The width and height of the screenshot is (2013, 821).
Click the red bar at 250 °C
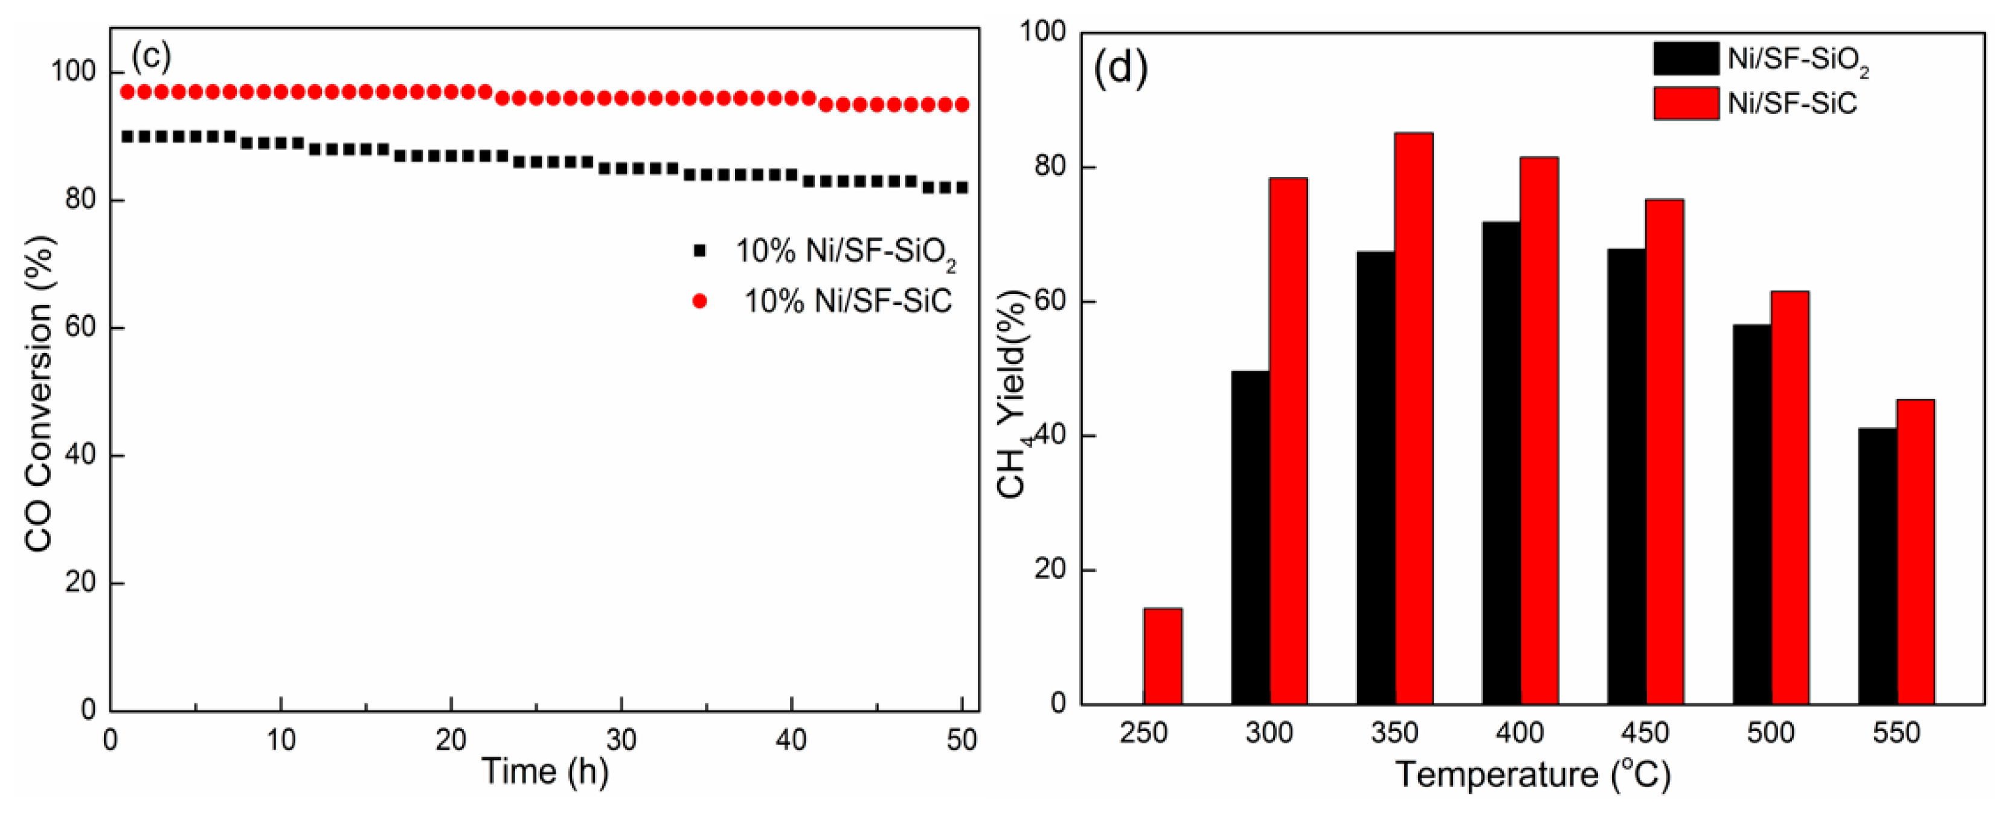click(1162, 656)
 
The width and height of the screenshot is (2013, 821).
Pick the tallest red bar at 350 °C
click(1414, 418)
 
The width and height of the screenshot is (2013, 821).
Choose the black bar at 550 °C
click(1877, 566)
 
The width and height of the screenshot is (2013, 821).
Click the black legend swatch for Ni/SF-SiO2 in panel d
click(1686, 59)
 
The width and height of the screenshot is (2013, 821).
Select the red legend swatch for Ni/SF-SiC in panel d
click(1686, 103)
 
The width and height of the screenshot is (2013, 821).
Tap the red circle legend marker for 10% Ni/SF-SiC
click(699, 301)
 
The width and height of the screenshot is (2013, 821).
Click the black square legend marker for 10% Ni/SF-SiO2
click(699, 251)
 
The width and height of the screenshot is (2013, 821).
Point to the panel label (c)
click(151, 56)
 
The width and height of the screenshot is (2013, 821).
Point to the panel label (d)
click(1120, 68)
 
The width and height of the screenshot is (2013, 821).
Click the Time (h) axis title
click(545, 771)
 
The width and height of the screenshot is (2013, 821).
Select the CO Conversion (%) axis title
click(39, 394)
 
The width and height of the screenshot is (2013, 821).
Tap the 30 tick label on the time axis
click(621, 739)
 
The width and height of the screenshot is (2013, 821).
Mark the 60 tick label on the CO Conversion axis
click(80, 327)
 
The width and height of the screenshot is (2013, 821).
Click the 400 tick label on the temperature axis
click(1520, 733)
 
